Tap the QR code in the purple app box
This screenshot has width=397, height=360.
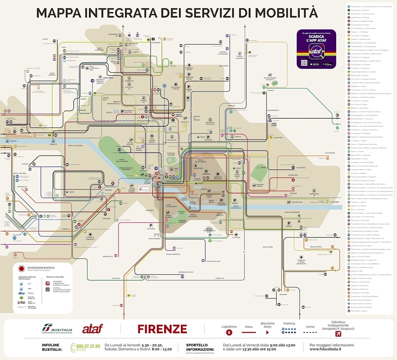[x=304, y=63]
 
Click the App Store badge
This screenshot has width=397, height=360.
[x=315, y=64]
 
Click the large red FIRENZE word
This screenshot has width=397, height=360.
[x=162, y=329]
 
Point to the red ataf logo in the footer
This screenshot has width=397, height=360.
[x=92, y=329]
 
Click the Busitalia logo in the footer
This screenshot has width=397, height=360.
[x=57, y=329]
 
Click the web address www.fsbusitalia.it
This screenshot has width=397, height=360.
[x=326, y=349]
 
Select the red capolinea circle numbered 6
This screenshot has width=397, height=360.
[x=229, y=333]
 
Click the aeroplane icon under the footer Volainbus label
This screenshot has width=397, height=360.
[x=338, y=334]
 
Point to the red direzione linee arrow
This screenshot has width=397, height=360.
[x=267, y=333]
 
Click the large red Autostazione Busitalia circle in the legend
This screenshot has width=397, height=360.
[x=22, y=269]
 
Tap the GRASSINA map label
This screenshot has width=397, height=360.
[x=283, y=294]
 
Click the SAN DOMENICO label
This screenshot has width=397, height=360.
[x=273, y=110]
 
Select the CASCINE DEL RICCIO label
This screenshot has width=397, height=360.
[x=185, y=272]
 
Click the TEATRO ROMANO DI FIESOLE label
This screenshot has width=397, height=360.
[x=270, y=79]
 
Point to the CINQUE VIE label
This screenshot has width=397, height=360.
[x=220, y=278]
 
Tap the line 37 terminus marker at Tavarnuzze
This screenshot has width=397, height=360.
[x=121, y=305]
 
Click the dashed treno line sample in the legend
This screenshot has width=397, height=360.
[x=310, y=332]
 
